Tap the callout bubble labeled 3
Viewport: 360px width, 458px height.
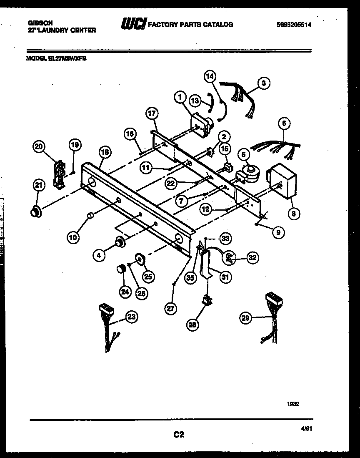click(263, 83)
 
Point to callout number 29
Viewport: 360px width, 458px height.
click(246, 319)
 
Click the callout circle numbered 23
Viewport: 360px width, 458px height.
click(131, 317)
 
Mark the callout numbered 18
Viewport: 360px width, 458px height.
click(105, 152)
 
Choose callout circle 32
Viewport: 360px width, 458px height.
click(252, 258)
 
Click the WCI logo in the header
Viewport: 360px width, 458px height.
click(133, 25)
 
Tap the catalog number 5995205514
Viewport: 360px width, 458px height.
click(294, 25)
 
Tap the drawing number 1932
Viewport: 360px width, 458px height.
click(293, 404)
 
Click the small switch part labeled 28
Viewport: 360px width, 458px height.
click(206, 300)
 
